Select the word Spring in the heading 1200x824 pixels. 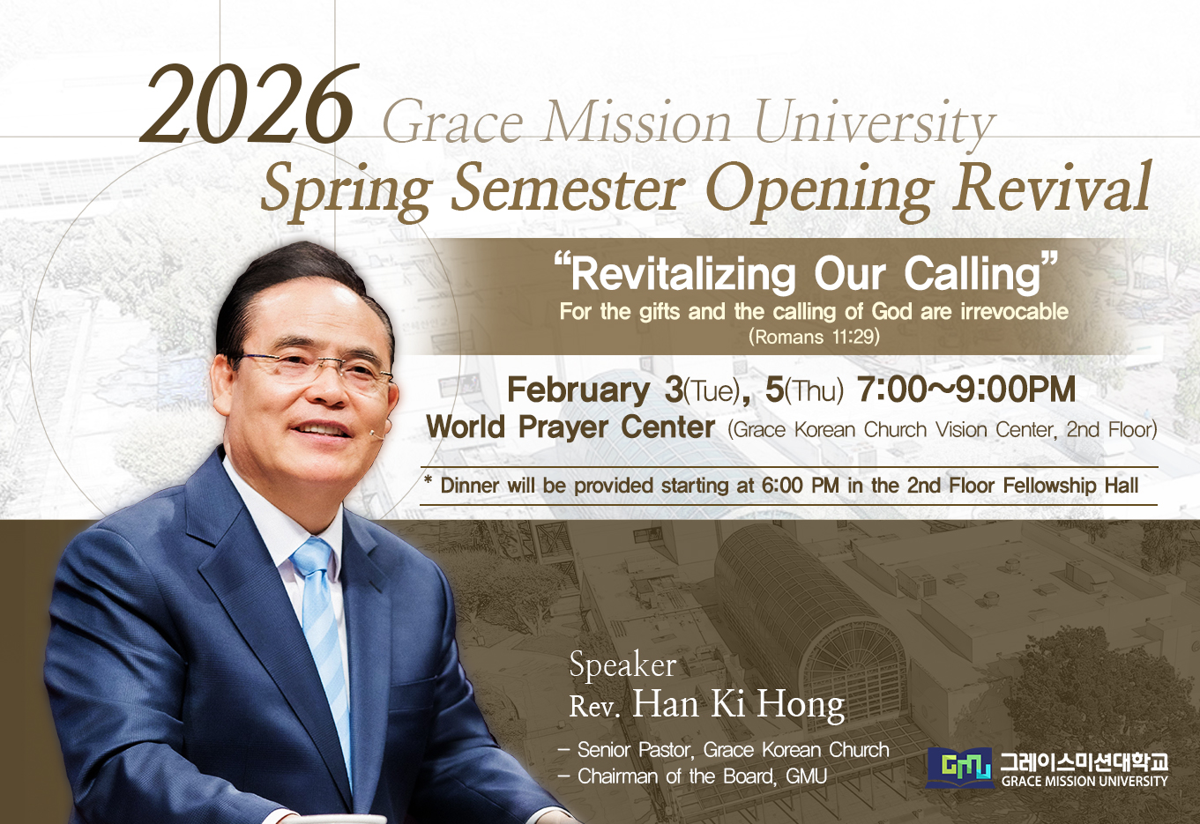pyautogui.click(x=347, y=194)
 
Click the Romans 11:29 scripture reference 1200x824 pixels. pyautogui.click(x=815, y=337)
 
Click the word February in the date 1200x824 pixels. pyautogui.click(x=578, y=390)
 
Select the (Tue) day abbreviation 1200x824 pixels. pyautogui.click(x=713, y=391)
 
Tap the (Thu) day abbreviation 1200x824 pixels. pyautogui.click(x=814, y=391)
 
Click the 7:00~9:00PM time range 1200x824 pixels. pyautogui.click(x=966, y=390)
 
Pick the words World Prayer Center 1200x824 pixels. pyautogui.click(x=570, y=427)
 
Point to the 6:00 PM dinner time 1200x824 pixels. pyautogui.click(x=801, y=486)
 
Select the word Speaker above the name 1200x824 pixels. pyautogui.click(x=622, y=665)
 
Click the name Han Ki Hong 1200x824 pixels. pyautogui.click(x=739, y=705)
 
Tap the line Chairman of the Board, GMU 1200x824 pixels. pyautogui.click(x=692, y=776)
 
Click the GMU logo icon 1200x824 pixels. pyautogui.click(x=960, y=768)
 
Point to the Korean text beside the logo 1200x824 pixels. pyautogui.click(x=1084, y=761)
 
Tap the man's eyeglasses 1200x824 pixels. pyautogui.click(x=316, y=372)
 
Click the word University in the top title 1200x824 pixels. pyautogui.click(x=875, y=125)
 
